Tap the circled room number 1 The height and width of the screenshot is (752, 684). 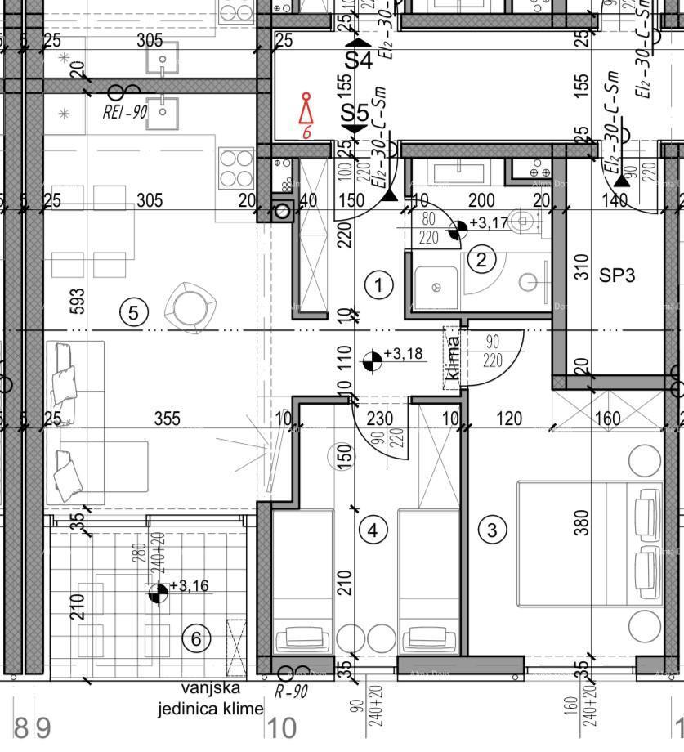point(378,285)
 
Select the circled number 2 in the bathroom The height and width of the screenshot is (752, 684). point(481,260)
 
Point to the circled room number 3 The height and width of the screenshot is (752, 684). point(491,530)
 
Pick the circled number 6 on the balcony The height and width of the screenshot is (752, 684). point(195,638)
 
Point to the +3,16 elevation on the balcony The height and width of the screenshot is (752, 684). point(190,585)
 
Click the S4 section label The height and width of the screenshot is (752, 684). point(357,60)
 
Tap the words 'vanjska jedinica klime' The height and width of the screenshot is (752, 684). point(211,699)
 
